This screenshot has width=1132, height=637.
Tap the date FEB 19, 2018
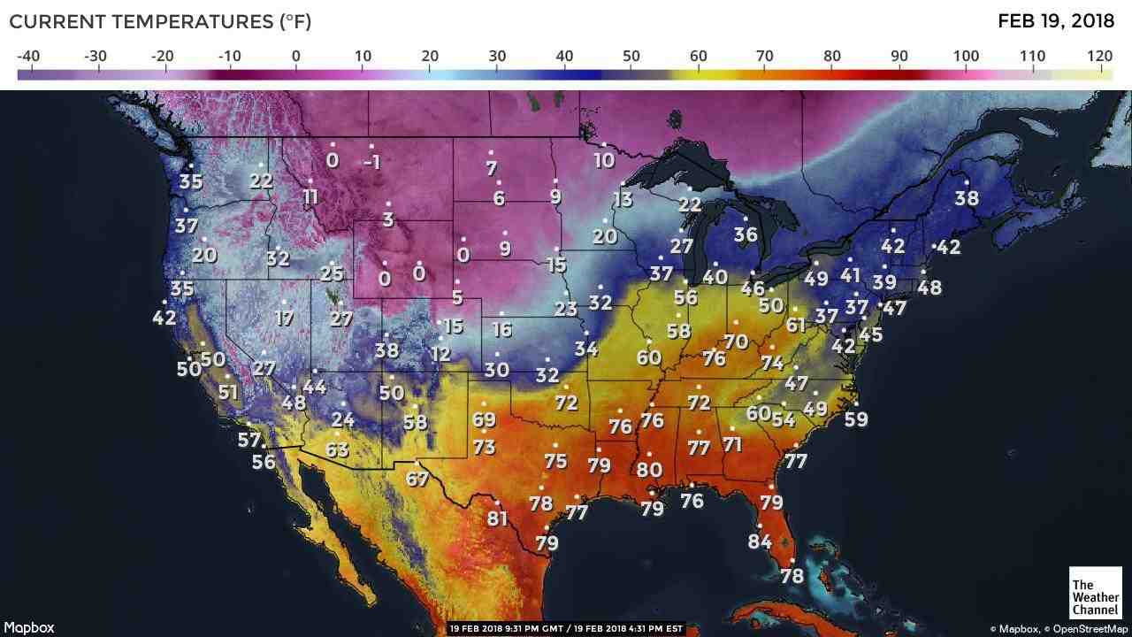point(1055,21)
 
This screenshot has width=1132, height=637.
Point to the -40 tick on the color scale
point(28,57)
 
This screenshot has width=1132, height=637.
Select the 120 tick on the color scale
point(1099,57)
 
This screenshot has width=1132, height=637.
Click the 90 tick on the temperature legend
point(899,57)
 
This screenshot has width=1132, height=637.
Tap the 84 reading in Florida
point(760,541)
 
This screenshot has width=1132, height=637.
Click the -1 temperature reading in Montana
point(371,162)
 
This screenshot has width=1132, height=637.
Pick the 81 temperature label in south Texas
point(497,518)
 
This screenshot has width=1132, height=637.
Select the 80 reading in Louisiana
point(649,470)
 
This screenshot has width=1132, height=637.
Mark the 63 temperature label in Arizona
point(337,449)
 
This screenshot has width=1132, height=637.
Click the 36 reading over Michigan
point(746,234)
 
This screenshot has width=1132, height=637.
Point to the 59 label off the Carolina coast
point(856,419)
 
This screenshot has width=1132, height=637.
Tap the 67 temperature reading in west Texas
point(417,480)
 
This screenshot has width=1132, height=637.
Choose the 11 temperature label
point(310,196)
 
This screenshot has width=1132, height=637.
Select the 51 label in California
point(228,392)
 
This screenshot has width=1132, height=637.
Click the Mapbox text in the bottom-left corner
point(28,627)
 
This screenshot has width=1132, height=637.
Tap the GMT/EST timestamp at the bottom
point(566,628)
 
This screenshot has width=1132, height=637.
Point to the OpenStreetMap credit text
point(1090,629)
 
